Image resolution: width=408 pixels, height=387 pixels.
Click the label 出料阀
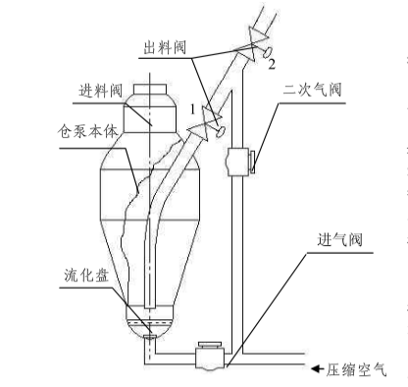[165, 48]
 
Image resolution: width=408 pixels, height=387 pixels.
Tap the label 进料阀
[101, 90]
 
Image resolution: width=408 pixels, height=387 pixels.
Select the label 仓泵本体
[88, 131]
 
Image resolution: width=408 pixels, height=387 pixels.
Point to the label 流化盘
[86, 275]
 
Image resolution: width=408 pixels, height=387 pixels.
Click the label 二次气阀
[312, 90]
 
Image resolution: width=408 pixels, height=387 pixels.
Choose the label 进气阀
[340, 240]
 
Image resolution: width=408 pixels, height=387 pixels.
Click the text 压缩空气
[357, 370]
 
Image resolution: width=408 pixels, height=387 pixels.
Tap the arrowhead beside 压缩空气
[316, 368]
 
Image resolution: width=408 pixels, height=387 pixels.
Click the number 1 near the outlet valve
[193, 110]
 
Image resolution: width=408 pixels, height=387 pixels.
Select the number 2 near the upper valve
[272, 64]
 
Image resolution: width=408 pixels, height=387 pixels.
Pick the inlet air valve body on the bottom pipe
[210, 356]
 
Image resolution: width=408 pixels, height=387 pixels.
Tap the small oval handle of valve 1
[221, 131]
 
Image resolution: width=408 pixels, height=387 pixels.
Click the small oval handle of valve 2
[267, 52]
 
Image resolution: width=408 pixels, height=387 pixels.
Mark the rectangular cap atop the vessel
[150, 89]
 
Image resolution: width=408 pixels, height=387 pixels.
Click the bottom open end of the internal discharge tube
[149, 308]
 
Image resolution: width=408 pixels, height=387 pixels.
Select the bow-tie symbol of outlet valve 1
[205, 123]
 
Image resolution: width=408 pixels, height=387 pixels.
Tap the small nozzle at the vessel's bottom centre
[149, 337]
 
